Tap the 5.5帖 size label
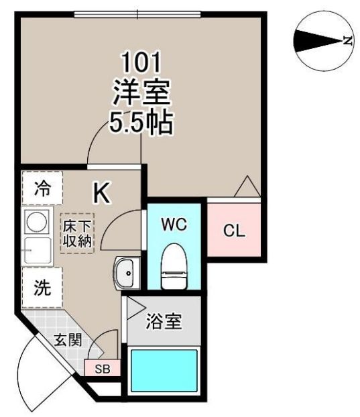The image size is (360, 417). (x=141, y=122)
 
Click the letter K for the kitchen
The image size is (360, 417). (x=101, y=192)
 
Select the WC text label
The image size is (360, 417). (x=174, y=225)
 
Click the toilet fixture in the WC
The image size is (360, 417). (x=174, y=266)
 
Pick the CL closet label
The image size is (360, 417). (x=234, y=231)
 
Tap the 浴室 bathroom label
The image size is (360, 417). (x=164, y=321)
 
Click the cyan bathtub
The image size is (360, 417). (x=164, y=370)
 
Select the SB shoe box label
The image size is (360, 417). (x=103, y=369)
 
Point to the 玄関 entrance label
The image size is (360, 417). (x=68, y=340)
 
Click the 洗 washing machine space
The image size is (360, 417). (x=42, y=288)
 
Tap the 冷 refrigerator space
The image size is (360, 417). (x=42, y=188)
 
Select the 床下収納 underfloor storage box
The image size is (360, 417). (x=77, y=233)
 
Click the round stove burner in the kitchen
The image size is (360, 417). (x=38, y=221)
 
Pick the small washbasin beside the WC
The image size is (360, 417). (x=127, y=273)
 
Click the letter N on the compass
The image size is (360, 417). (x=347, y=40)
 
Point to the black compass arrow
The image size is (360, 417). (x=318, y=41)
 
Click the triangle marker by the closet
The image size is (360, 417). (x=247, y=186)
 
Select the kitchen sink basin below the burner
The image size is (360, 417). (x=38, y=250)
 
